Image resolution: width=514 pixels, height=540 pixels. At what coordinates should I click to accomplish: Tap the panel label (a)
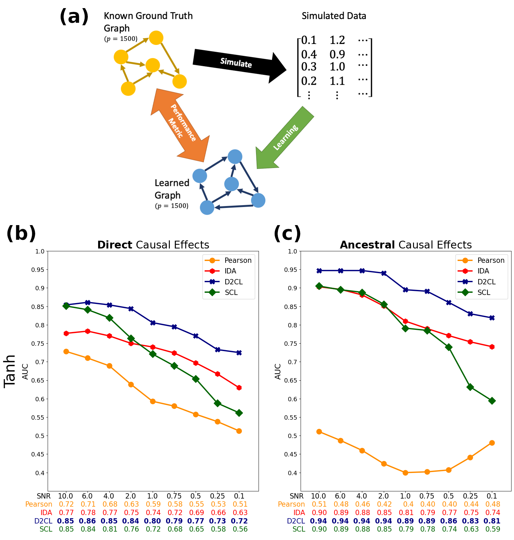tap(74, 16)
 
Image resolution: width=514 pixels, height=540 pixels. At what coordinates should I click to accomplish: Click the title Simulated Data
tap(334, 16)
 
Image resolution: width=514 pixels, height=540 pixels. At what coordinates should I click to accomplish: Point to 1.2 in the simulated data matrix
tap(337, 40)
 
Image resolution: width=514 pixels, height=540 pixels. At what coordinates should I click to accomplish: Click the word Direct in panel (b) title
tap(115, 245)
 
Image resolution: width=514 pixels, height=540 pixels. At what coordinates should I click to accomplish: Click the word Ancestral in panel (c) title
tap(367, 245)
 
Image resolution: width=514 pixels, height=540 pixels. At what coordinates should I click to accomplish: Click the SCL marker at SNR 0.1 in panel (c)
tap(492, 401)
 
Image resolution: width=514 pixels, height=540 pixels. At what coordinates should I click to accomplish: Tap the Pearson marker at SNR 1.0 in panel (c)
tap(405, 473)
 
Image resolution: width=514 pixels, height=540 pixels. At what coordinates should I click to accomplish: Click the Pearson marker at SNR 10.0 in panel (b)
tap(66, 351)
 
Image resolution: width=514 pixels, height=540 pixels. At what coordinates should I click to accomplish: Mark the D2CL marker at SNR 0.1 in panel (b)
tap(239, 353)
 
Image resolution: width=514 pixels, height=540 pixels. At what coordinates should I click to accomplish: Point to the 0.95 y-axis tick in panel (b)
tap(38, 270)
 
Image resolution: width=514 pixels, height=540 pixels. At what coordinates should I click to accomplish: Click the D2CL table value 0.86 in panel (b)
tap(87, 521)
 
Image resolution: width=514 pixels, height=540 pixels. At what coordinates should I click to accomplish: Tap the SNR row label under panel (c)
tap(296, 496)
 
